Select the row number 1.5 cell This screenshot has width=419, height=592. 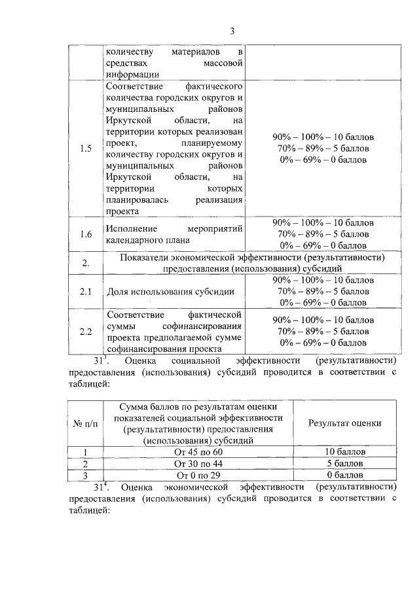pos(85,148)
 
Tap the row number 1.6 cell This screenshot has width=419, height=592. pos(85,234)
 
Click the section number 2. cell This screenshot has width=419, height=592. pos(85,263)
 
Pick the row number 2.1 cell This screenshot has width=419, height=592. pos(85,291)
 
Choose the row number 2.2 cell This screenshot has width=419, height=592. pos(85,331)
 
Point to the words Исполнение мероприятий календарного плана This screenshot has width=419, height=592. pos(174,234)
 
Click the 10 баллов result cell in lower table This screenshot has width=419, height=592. pos(344,451)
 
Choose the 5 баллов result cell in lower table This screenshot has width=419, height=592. pos(344,463)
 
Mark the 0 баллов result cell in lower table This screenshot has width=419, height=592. pos(344,475)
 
